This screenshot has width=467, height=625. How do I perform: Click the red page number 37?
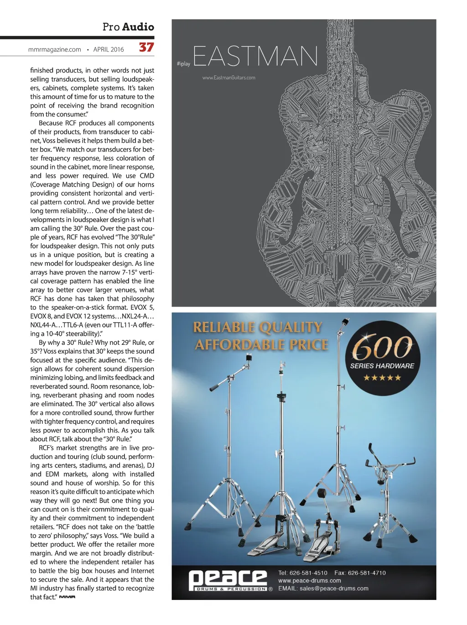(146, 47)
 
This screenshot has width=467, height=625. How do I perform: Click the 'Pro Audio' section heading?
(128, 27)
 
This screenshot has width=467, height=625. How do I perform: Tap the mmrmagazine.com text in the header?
(55, 50)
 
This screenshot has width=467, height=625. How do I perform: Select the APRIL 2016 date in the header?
(109, 50)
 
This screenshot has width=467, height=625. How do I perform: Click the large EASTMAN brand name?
(255, 56)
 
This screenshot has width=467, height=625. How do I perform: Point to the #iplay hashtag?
(183, 64)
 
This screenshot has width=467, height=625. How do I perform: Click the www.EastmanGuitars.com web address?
(229, 78)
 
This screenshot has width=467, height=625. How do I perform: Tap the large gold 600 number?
(382, 348)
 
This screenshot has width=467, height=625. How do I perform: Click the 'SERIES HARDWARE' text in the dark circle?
(382, 366)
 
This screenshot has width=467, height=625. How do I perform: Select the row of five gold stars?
(382, 378)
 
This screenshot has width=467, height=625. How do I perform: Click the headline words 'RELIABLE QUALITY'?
(258, 328)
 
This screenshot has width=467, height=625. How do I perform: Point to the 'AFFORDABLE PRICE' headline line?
(262, 344)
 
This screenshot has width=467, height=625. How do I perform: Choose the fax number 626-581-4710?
(367, 573)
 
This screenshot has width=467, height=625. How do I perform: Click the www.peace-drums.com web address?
(310, 581)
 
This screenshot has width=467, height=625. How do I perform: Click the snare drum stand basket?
(389, 463)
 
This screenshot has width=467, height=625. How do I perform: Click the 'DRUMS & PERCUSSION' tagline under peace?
(231, 589)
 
